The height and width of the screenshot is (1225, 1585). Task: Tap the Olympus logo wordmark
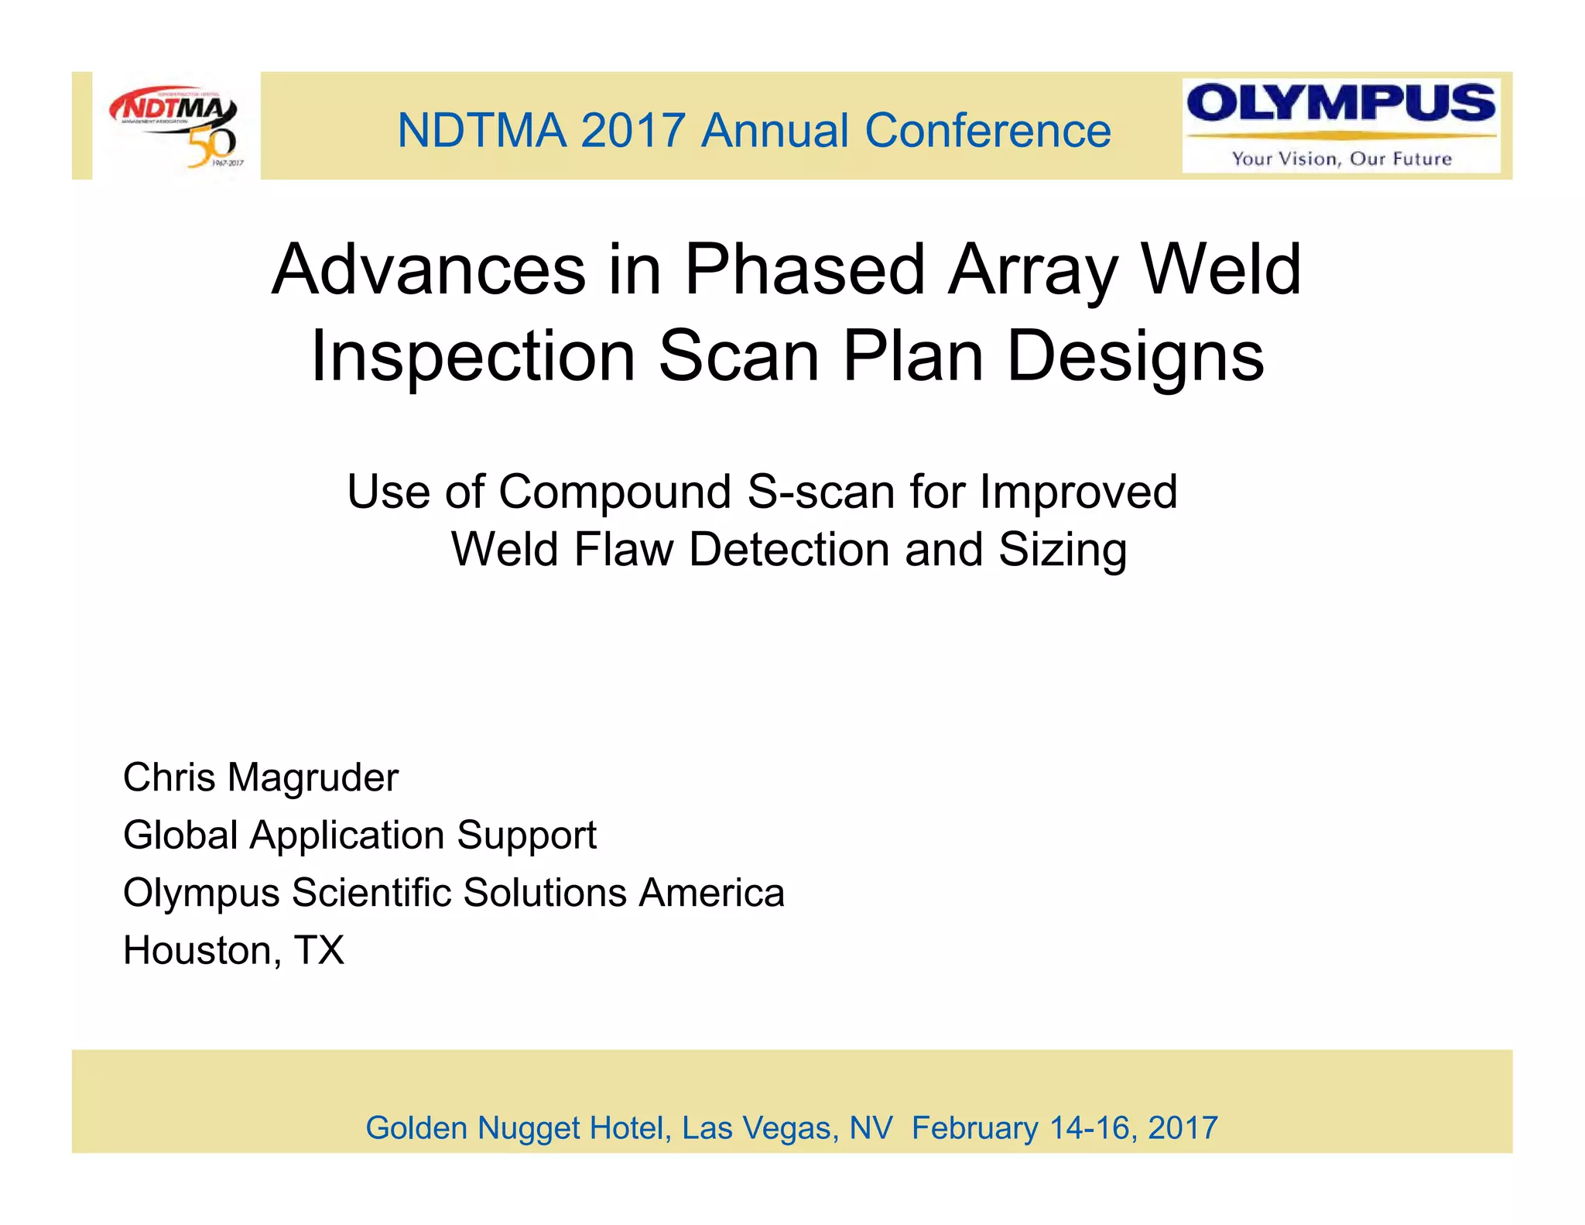click(1340, 104)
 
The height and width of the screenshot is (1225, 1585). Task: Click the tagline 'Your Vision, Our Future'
click(1341, 159)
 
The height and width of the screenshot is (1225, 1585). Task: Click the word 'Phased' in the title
click(805, 271)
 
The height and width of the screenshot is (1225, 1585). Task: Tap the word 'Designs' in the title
click(1135, 356)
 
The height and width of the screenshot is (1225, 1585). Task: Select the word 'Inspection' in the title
click(473, 358)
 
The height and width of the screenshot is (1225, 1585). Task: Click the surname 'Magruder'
click(313, 778)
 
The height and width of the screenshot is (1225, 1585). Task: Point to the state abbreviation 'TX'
click(319, 950)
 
